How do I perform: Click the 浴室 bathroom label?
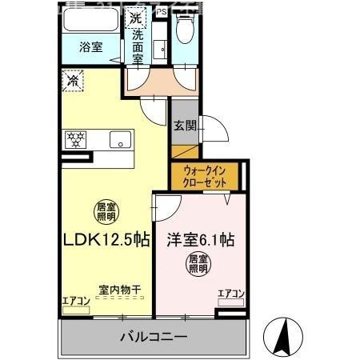click(x=90, y=47)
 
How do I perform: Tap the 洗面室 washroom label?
click(x=138, y=45)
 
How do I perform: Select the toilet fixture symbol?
click(x=186, y=32)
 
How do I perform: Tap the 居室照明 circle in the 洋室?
click(x=198, y=264)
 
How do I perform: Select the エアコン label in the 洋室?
click(x=230, y=294)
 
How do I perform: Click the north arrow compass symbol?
click(x=284, y=336)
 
